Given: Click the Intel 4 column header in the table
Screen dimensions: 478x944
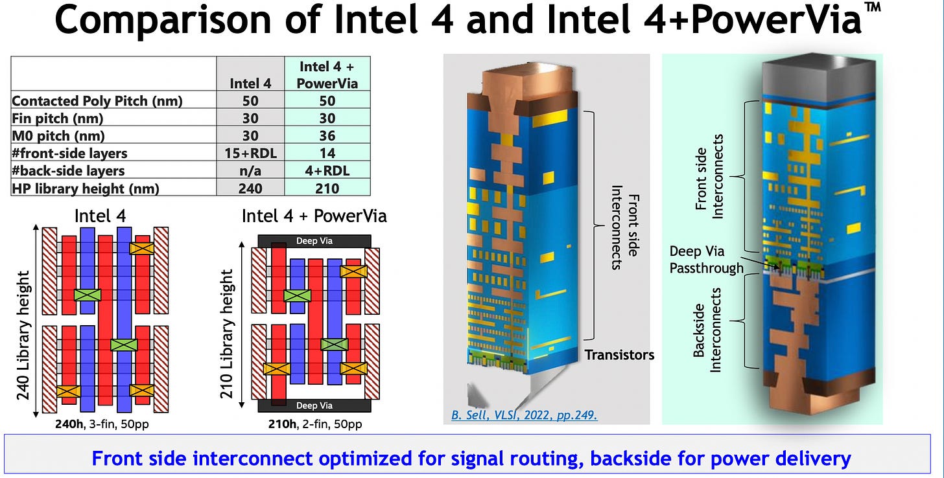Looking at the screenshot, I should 250,83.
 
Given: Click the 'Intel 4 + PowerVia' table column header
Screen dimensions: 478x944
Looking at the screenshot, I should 327,74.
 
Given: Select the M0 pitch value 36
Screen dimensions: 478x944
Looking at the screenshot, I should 327,135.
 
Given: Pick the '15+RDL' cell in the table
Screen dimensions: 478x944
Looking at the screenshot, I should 250,153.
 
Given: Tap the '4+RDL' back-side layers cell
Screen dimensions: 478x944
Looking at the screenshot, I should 327,170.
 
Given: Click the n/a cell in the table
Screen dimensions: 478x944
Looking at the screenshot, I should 250,170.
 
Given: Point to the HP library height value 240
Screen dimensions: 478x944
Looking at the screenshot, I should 250,187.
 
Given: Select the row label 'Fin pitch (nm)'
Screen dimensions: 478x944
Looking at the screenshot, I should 58,119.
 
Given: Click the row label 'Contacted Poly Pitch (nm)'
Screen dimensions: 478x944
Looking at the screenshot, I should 97,101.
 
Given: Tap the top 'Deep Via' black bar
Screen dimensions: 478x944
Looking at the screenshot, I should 314,241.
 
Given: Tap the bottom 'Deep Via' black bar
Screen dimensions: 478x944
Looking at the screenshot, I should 314,405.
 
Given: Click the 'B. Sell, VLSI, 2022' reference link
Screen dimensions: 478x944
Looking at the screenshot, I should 524,414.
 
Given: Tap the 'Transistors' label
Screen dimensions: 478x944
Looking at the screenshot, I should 619,354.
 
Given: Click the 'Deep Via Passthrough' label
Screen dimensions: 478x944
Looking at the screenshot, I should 705,259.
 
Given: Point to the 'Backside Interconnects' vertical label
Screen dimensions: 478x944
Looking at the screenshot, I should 707,330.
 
